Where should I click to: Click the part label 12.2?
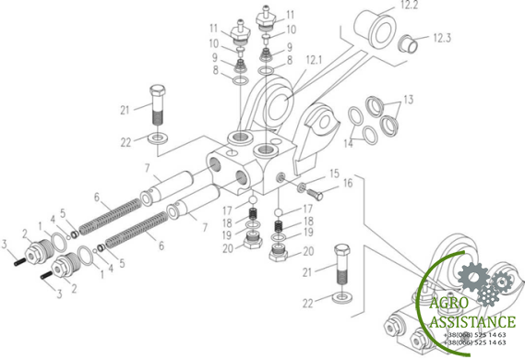click(409, 5)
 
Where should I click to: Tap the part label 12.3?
click(442, 38)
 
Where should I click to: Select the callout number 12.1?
click(314, 60)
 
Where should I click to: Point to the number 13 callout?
click(408, 100)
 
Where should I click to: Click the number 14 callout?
click(348, 143)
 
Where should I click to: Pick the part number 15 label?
click(334, 174)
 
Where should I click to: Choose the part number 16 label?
click(348, 183)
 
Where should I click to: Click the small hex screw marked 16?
click(315, 194)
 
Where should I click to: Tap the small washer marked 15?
click(302, 186)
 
